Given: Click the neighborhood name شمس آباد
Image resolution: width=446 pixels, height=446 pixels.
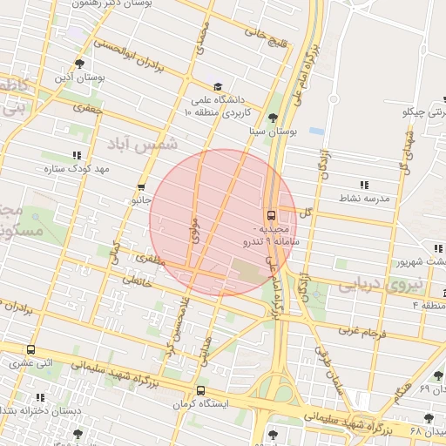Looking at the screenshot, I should tap(143, 142).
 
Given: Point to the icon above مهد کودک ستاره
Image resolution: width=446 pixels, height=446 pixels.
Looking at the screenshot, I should tap(78, 154).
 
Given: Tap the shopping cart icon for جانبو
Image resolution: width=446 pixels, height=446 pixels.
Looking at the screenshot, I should tap(141, 187).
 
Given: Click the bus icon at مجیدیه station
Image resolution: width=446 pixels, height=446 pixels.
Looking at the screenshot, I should tap(271, 214).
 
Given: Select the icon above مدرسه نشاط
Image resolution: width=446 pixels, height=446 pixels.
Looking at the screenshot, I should tap(363, 185).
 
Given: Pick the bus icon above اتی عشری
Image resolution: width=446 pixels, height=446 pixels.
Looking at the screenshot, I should tap(31, 349).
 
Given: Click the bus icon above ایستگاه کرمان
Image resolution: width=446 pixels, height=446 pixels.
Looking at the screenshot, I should tap(201, 390).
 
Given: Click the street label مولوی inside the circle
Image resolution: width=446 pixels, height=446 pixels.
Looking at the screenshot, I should tap(193, 230).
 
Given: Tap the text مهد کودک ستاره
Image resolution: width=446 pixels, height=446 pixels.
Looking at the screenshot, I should tap(75, 168).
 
